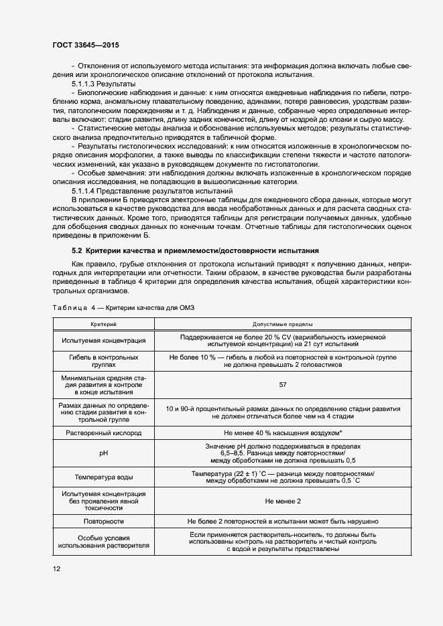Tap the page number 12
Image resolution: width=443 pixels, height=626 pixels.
point(56,569)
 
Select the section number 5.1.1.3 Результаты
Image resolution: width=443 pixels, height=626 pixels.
point(103,84)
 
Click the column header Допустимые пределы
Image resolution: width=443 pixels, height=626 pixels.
point(283,323)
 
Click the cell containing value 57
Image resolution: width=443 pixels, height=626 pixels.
point(283,386)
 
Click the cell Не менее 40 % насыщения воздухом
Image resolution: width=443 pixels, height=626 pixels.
point(283,433)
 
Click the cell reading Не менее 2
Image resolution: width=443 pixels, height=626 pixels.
point(283,500)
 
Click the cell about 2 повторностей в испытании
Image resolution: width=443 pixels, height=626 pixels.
point(283,521)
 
